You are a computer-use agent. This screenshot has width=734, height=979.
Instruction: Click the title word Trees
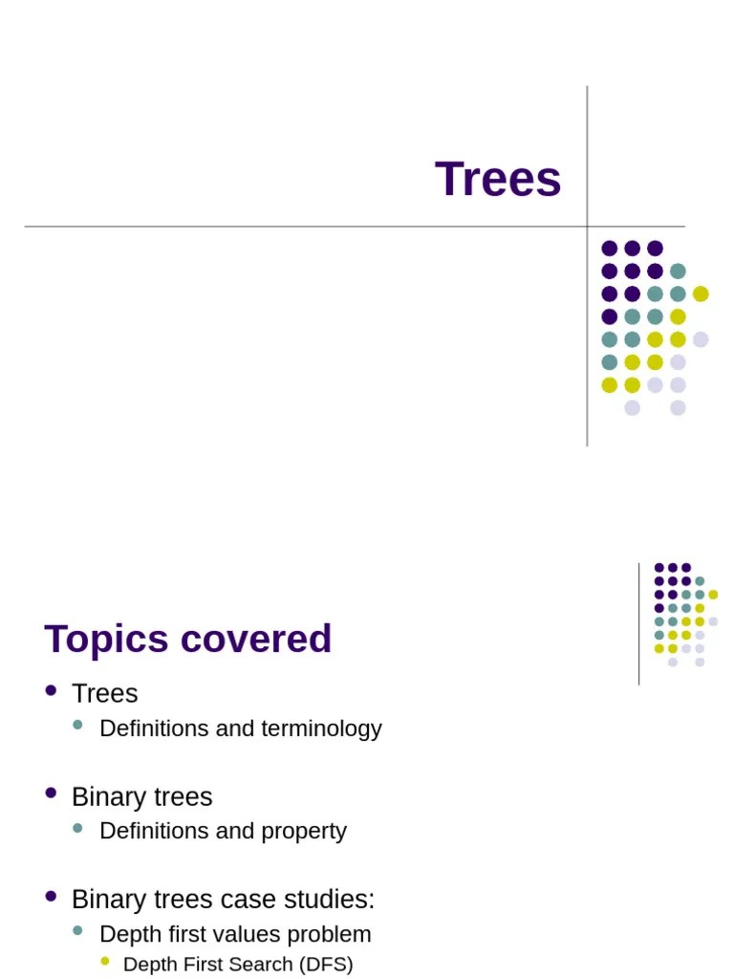tap(498, 180)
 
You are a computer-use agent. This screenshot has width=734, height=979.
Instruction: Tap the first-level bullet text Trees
tap(105, 693)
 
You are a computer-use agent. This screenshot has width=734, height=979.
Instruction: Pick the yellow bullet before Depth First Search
tap(105, 962)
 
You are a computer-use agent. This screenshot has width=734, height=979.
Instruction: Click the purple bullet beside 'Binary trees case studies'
tap(51, 896)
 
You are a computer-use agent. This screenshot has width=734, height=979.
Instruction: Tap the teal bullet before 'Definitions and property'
tap(78, 828)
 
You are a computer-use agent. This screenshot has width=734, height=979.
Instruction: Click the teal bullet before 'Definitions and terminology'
tap(78, 726)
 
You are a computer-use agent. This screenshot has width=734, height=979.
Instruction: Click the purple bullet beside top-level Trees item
tap(51, 690)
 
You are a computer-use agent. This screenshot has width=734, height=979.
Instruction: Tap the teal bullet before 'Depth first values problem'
tap(78, 930)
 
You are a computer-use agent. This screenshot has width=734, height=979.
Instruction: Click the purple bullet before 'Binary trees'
tap(51, 793)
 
